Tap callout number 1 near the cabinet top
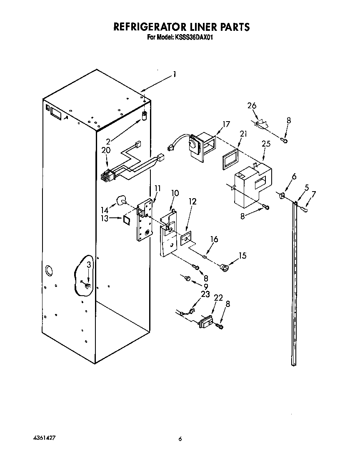point(175,75)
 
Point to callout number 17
point(226,124)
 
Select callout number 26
point(252,105)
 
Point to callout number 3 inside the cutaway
point(88,265)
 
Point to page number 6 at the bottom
point(180,439)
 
